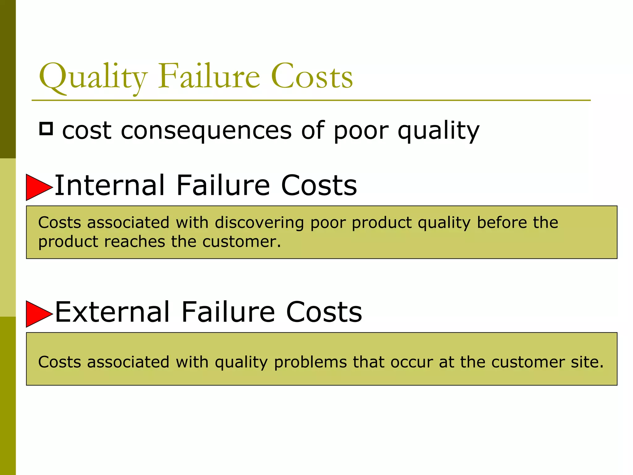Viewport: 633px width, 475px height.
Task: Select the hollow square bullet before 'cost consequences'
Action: coord(46,129)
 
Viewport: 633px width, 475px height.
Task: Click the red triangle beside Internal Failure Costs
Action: coord(38,187)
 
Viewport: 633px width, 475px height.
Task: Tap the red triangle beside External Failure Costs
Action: coord(38,314)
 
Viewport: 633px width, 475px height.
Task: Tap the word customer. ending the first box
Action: coord(241,242)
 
